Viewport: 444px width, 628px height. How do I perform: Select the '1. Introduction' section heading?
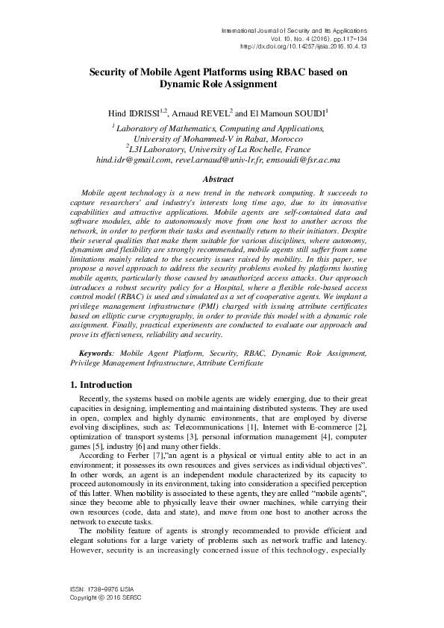point(96,385)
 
